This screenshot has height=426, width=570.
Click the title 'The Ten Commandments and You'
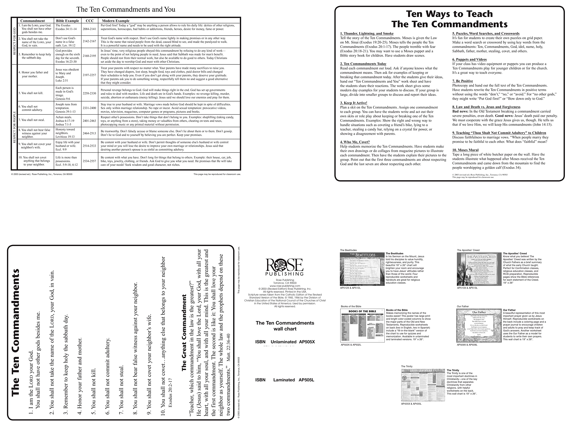pos(126,10)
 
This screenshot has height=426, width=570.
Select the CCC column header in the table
pos(90,21)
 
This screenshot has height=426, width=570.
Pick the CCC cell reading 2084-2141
pos(90,29)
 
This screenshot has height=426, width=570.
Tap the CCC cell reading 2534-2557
pos(90,161)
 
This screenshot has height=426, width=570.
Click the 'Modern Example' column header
pos(116,21)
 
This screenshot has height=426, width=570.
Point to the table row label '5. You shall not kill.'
pos(31,93)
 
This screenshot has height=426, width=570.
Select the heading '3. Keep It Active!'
pos(354,103)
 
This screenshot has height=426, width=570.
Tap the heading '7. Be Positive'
pos(462,81)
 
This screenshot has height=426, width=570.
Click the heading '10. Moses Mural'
pos(465,150)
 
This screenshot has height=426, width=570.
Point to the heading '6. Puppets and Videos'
pos(470,59)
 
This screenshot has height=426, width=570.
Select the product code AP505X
pos(307,342)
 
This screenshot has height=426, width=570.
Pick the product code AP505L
pos(306,380)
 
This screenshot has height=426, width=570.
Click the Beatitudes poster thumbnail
pos(362,269)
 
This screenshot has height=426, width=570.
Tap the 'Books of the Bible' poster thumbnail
pos(362,326)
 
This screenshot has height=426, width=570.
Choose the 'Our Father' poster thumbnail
pos(479,326)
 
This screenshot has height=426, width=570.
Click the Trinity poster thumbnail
pos(423,385)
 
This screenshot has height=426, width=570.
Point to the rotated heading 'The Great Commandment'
pos(184,333)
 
